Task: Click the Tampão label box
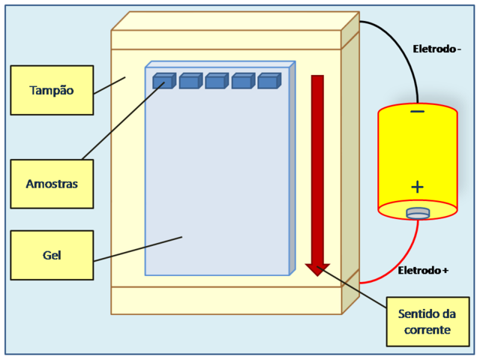coord(52,90)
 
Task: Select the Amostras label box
coord(52,184)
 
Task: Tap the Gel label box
coord(52,255)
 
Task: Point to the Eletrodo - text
coord(437,49)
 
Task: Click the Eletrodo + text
coord(423,270)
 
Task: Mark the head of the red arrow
coord(318,268)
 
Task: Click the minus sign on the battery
coord(418,112)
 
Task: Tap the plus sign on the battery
coord(417,187)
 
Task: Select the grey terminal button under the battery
coord(418,214)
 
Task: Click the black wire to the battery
coord(406,52)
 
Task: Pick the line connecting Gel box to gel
coord(138,249)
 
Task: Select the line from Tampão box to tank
coord(109,85)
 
